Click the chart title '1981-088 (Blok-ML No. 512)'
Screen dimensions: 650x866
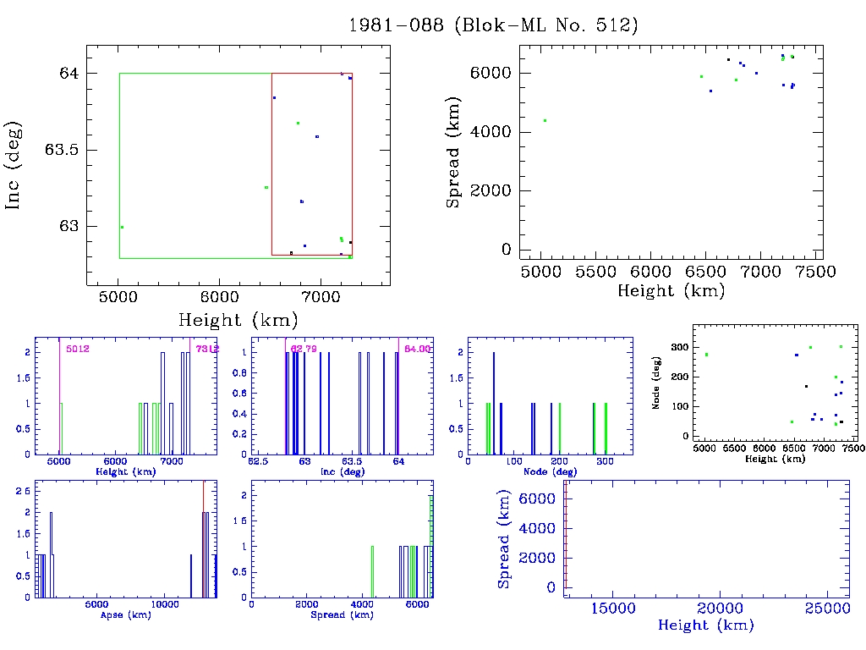493,25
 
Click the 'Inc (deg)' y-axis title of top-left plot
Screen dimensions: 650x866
14,166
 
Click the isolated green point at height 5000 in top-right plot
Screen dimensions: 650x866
545,120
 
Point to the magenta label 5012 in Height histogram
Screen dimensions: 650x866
78,349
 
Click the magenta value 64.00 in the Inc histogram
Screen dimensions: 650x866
418,349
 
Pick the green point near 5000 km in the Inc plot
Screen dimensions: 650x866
122,227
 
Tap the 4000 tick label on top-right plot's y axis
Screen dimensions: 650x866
494,132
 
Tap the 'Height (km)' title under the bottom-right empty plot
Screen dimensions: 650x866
705,626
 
